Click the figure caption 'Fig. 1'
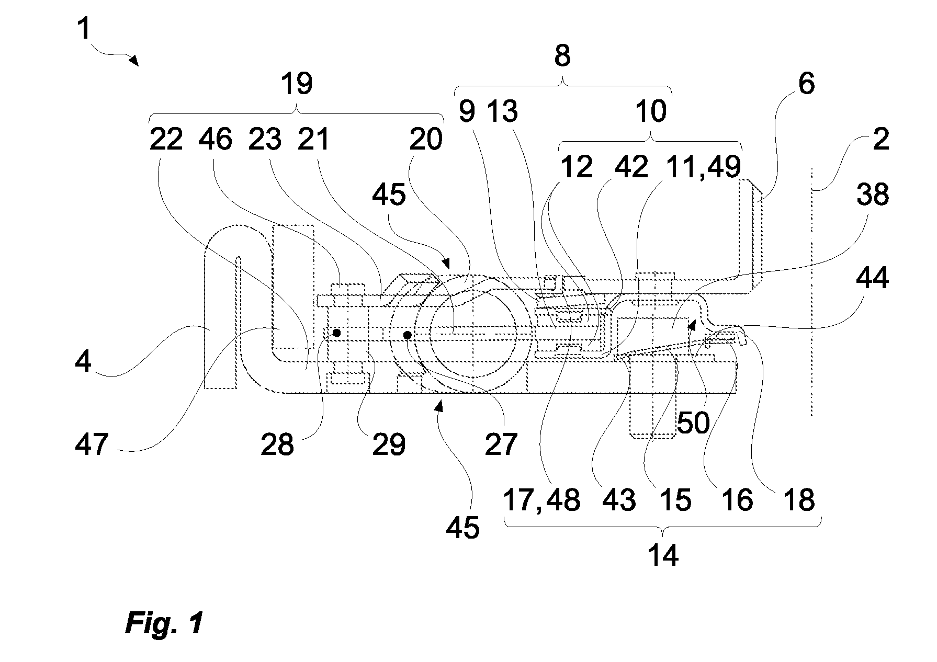164,623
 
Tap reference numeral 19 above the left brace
297,84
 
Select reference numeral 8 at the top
562,55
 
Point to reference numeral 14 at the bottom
662,555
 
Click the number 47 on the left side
92,444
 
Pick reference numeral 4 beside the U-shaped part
83,361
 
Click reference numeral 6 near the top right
806,84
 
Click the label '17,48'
541,500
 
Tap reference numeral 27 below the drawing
501,444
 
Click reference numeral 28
277,444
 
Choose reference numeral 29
389,444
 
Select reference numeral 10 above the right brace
651,111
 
